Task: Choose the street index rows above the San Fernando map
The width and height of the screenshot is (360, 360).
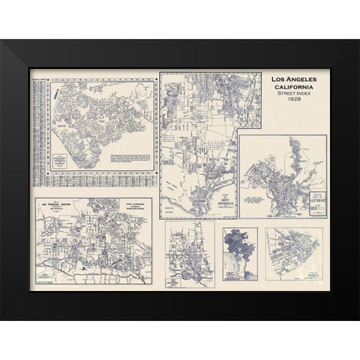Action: (x=97, y=185)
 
